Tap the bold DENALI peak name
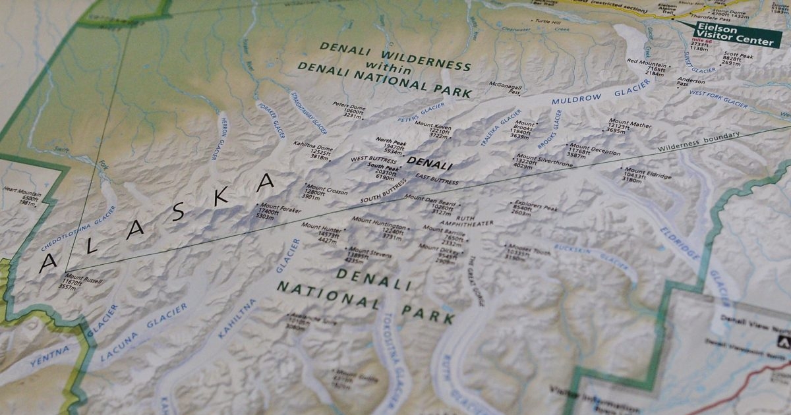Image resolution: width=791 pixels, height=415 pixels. [429, 165]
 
